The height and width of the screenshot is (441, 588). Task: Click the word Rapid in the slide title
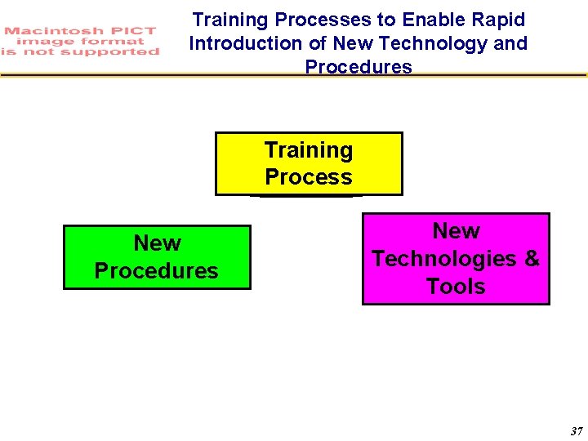pyautogui.click(x=498, y=20)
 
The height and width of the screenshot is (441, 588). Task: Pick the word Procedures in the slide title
pyautogui.click(x=359, y=66)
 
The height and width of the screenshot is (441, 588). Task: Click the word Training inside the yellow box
pyautogui.click(x=309, y=150)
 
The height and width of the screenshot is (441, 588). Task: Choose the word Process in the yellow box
pyautogui.click(x=309, y=177)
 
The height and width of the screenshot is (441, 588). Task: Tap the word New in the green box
pyautogui.click(x=157, y=243)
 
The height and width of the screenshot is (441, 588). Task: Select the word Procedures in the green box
pyautogui.click(x=157, y=271)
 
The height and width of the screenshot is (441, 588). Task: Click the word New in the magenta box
pyautogui.click(x=456, y=231)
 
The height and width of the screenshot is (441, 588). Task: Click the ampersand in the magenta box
pyautogui.click(x=532, y=259)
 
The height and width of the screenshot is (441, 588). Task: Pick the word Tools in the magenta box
pyautogui.click(x=456, y=287)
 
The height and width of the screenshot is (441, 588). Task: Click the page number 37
pyautogui.click(x=576, y=431)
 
